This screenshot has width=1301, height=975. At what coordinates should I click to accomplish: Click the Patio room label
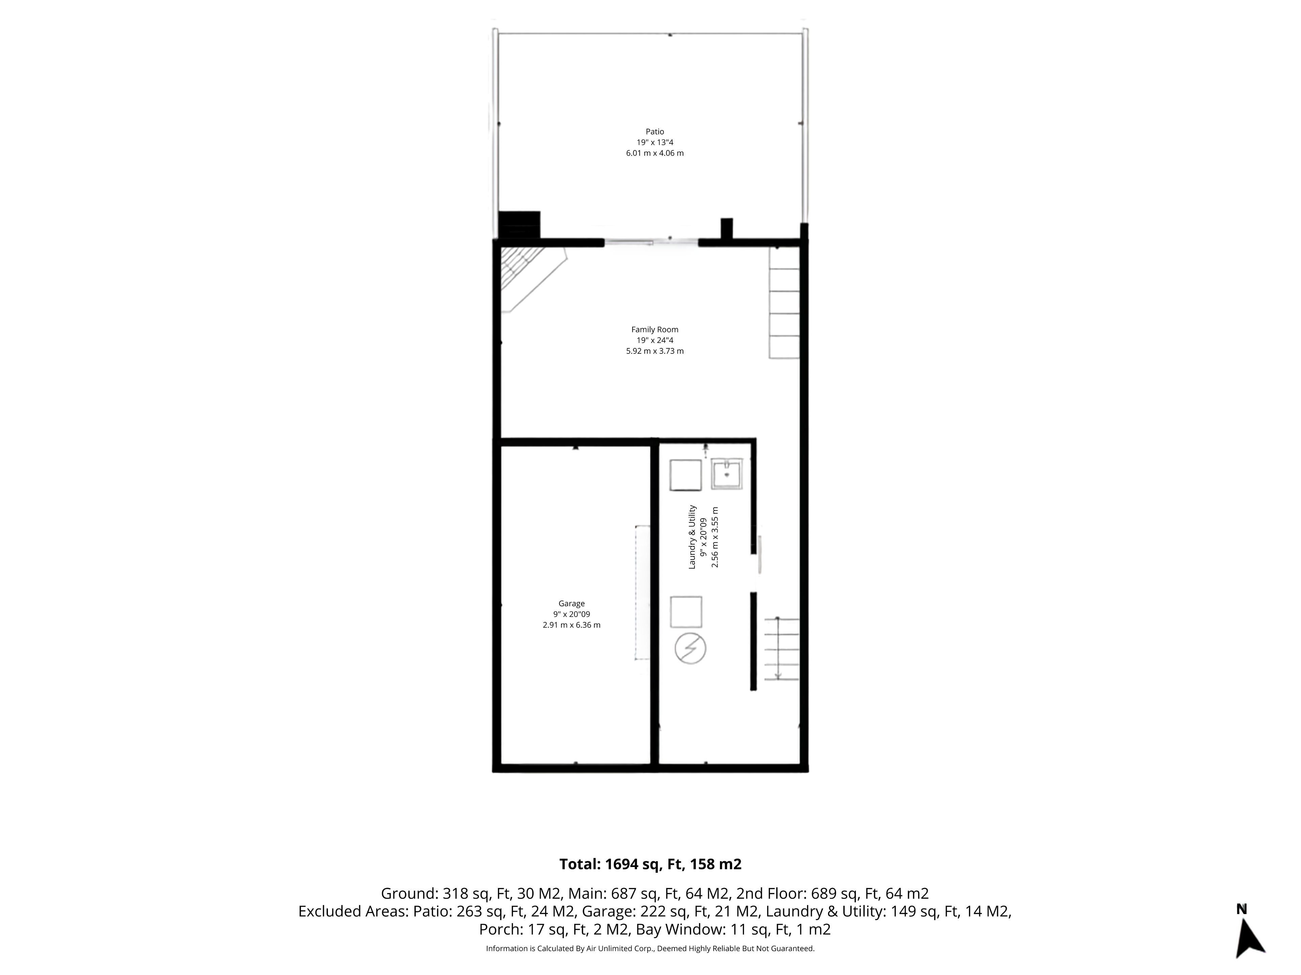655,132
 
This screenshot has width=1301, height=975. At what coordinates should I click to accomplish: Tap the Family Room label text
655,330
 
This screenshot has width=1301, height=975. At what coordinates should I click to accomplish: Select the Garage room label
572,604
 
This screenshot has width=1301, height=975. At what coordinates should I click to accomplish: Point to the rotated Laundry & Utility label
692,537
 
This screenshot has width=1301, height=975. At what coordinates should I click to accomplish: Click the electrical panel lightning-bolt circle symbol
690,648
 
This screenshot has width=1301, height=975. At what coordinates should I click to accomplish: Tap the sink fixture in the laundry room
727,474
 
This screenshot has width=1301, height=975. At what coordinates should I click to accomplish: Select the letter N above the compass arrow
1242,910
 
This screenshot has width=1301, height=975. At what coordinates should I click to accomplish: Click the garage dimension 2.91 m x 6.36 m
572,625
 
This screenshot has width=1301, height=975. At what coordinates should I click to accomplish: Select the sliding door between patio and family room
651,241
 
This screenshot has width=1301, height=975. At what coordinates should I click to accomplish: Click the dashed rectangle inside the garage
642,592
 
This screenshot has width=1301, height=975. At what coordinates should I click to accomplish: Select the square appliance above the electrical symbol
686,612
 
